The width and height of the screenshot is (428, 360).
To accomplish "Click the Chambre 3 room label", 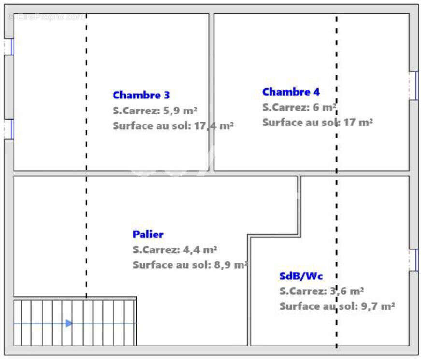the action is (141, 95).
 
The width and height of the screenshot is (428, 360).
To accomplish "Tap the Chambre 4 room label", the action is (291, 92).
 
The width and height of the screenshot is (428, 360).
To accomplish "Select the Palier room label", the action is (148, 235).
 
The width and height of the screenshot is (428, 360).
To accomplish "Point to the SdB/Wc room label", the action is (301, 276).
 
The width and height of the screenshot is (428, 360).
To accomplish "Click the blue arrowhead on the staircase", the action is (69, 323).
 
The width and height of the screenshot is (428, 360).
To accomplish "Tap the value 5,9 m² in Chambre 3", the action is (180, 111).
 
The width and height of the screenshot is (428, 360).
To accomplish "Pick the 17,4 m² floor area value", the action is (214, 126).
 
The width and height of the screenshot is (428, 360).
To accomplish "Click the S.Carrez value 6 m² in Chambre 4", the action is (325, 108).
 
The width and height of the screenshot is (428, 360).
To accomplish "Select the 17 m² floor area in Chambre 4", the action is (358, 123).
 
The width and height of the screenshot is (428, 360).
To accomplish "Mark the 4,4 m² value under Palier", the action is (200, 250).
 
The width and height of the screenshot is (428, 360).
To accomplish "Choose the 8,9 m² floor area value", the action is (231, 265).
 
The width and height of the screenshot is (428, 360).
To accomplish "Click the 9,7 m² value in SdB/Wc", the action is (378, 306).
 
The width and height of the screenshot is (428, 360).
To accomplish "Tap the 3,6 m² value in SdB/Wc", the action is (347, 291).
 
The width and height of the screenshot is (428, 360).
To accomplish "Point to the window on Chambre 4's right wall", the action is (414, 86).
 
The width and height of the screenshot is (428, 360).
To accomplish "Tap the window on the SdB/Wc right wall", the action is (414, 260).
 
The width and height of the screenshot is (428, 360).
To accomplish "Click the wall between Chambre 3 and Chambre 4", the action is (212, 92).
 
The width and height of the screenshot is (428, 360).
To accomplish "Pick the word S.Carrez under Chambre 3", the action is (136, 111).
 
